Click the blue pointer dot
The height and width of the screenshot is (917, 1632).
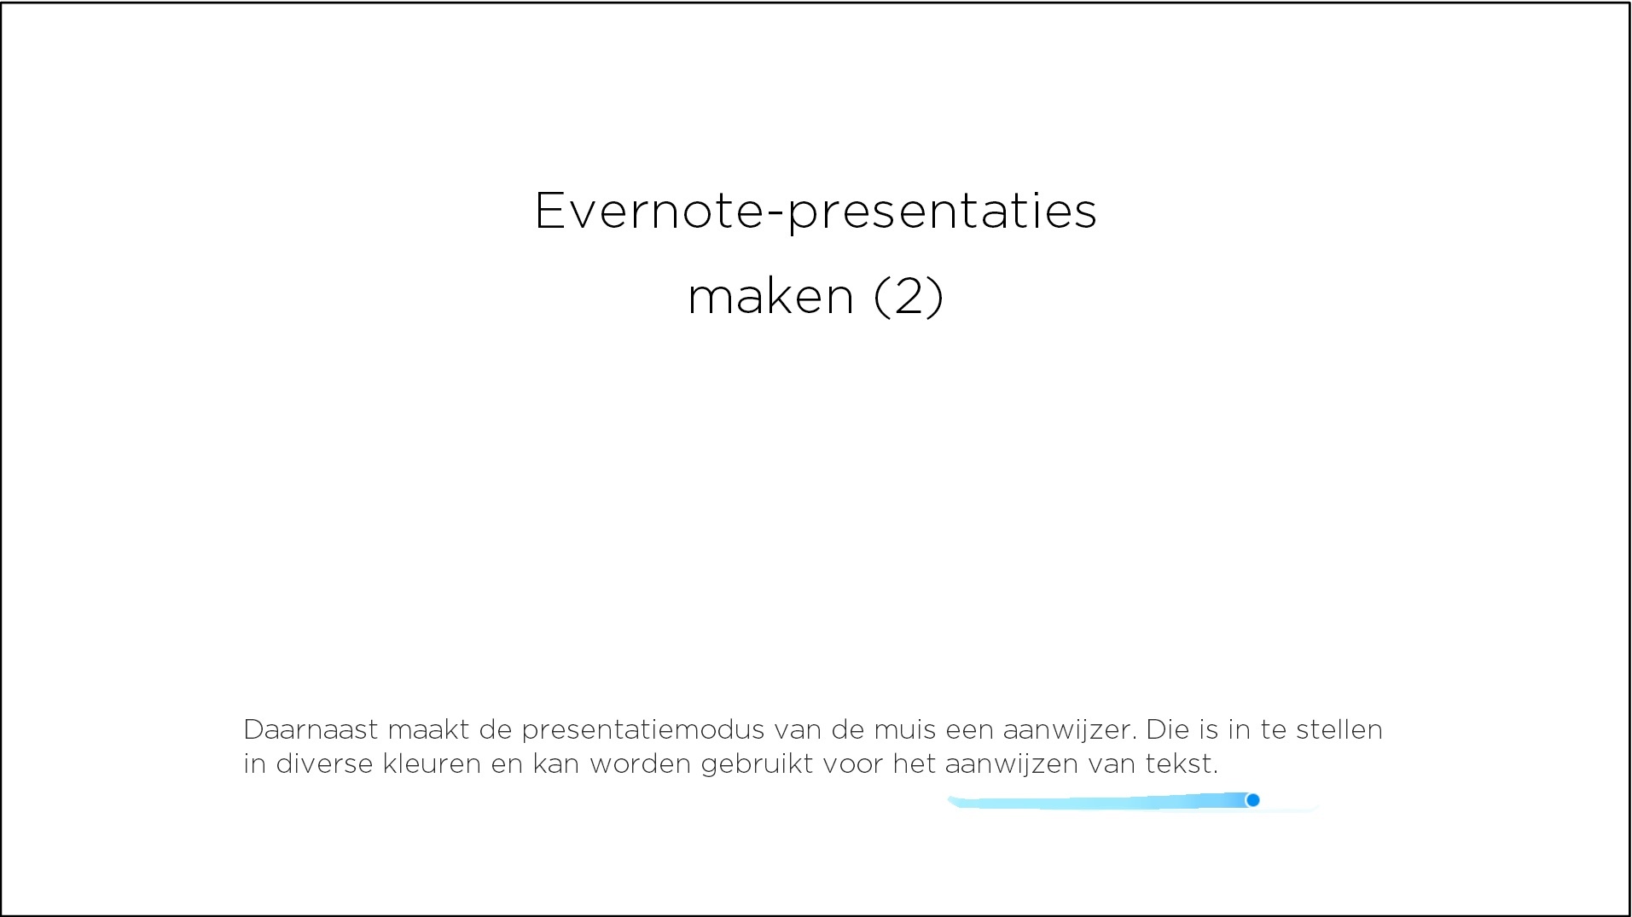[x=1252, y=800]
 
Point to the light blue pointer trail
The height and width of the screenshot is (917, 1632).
[x=1101, y=802]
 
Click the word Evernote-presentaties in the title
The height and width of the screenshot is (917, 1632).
[x=816, y=211]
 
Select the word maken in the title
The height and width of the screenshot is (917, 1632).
[x=770, y=297]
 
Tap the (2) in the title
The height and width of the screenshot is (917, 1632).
[x=909, y=297]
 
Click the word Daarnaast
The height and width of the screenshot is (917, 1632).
[x=311, y=729]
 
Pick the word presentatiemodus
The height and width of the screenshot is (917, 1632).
[x=643, y=731]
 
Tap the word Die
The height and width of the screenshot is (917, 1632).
[x=1168, y=729]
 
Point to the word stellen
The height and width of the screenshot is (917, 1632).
[x=1339, y=729]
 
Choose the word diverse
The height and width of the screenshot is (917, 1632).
[x=324, y=763]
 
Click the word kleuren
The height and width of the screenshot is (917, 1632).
[x=433, y=763]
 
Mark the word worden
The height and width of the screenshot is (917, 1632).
[x=641, y=763]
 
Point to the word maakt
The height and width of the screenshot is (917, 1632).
[x=428, y=729]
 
